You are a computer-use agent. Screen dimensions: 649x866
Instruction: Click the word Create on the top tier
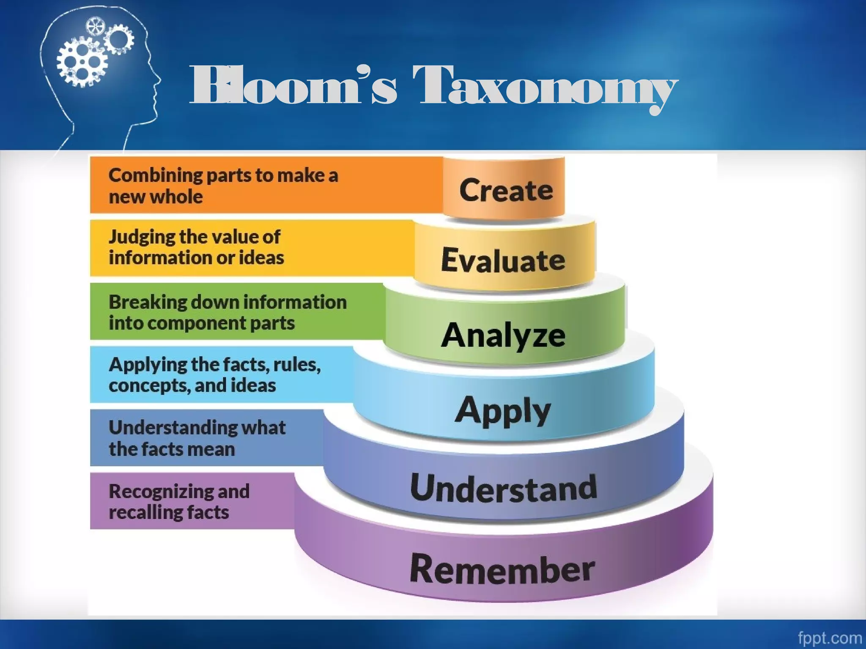pyautogui.click(x=506, y=191)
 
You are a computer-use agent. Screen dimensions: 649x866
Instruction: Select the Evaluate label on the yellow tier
pyautogui.click(x=503, y=260)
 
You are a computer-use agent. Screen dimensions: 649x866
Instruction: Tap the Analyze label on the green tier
pyautogui.click(x=503, y=335)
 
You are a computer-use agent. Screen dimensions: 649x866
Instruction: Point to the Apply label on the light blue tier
pyautogui.click(x=503, y=410)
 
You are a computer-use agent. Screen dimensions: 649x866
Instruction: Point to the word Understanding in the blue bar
pyautogui.click(x=173, y=428)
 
